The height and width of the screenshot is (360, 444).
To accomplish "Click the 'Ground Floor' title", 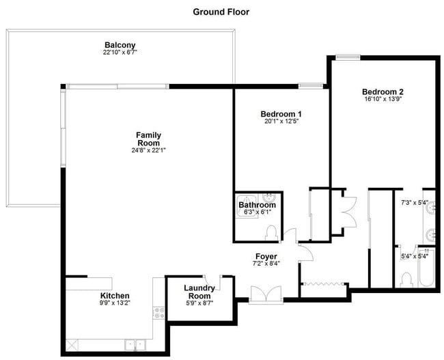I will tap(221, 12).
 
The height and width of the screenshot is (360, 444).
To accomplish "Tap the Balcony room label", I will tap(119, 45).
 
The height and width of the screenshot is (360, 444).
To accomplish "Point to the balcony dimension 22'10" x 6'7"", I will tap(119, 53).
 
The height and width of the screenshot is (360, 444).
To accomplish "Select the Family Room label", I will tap(148, 139).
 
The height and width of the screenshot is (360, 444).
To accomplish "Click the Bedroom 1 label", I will tap(281, 113).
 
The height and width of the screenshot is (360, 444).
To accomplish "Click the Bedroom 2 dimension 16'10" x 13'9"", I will tap(383, 99).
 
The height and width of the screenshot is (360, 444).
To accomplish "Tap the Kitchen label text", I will tap(114, 296).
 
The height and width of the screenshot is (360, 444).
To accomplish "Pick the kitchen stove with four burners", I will tap(158, 314).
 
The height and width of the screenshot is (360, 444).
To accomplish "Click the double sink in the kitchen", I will tap(133, 344).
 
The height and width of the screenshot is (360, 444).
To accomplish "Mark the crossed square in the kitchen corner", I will tap(70, 344).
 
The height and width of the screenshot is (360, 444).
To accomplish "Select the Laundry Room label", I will tap(199, 292).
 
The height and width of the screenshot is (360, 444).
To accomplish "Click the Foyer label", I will tap(266, 256).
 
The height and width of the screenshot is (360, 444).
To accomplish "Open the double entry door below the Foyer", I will tap(266, 294).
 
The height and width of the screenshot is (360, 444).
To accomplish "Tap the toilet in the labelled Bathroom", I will tap(271, 233).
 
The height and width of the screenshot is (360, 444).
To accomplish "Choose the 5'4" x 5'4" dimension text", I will tap(414, 256).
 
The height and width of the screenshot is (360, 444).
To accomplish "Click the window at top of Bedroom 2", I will tap(348, 57).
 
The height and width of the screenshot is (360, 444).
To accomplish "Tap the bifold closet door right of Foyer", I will tap(325, 283).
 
